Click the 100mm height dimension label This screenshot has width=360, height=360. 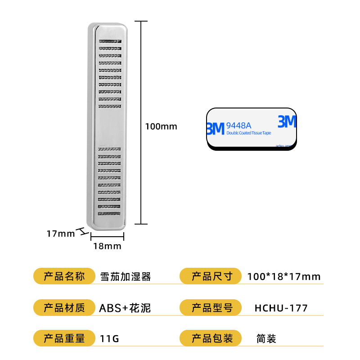pos(161,126)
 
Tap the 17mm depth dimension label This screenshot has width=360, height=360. pos(60,234)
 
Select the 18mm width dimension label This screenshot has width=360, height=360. pos(107,246)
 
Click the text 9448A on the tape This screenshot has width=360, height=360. pos(239,125)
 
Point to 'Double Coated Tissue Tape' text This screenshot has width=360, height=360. pos(249,133)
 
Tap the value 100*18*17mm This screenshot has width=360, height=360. pos(284,276)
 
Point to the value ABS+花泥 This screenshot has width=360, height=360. pos(125,308)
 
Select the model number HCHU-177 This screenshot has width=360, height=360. pos(281,308)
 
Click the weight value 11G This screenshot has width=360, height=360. pos(109,339)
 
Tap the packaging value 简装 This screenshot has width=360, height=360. pos(266,339)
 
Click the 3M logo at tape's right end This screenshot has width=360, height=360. pos(287,122)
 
